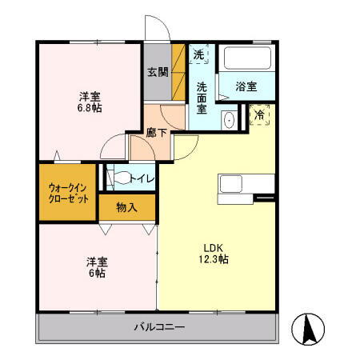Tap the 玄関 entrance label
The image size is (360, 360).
pyautogui.click(x=158, y=72)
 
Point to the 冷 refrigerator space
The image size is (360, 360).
pyautogui.click(x=259, y=114)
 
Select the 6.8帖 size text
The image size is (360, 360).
pyautogui.click(x=89, y=107)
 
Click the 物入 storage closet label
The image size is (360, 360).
pyautogui.click(x=126, y=208)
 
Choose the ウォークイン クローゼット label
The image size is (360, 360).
pyautogui.click(x=67, y=192)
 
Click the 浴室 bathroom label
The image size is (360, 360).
pyautogui.click(x=246, y=86)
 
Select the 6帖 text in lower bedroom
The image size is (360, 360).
pyautogui.click(x=96, y=274)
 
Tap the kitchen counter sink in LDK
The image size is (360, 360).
pyautogui.click(x=231, y=183)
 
